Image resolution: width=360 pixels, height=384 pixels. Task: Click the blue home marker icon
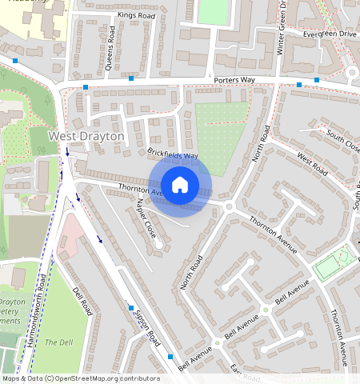point(180,186)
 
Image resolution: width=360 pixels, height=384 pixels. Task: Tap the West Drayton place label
point(86,137)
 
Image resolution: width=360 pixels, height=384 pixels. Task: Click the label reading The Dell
point(58,342)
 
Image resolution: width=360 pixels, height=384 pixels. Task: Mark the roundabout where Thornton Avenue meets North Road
point(229,206)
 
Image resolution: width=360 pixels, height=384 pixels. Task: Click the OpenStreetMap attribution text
point(81,378)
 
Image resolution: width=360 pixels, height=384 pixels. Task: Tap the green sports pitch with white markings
point(334,262)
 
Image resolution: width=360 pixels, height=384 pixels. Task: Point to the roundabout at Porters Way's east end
point(352,74)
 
